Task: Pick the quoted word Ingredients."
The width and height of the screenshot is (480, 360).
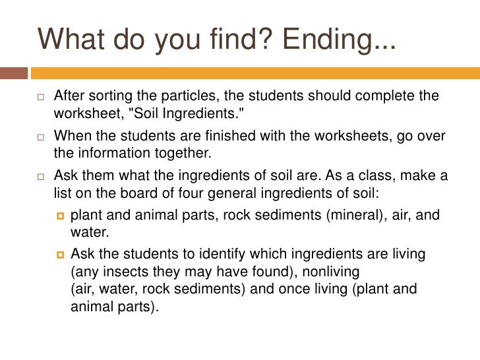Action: pyautogui.click(x=204, y=113)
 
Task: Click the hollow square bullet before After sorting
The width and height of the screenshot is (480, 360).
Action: pyautogui.click(x=40, y=96)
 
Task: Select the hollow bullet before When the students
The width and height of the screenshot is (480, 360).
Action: pyautogui.click(x=40, y=136)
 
